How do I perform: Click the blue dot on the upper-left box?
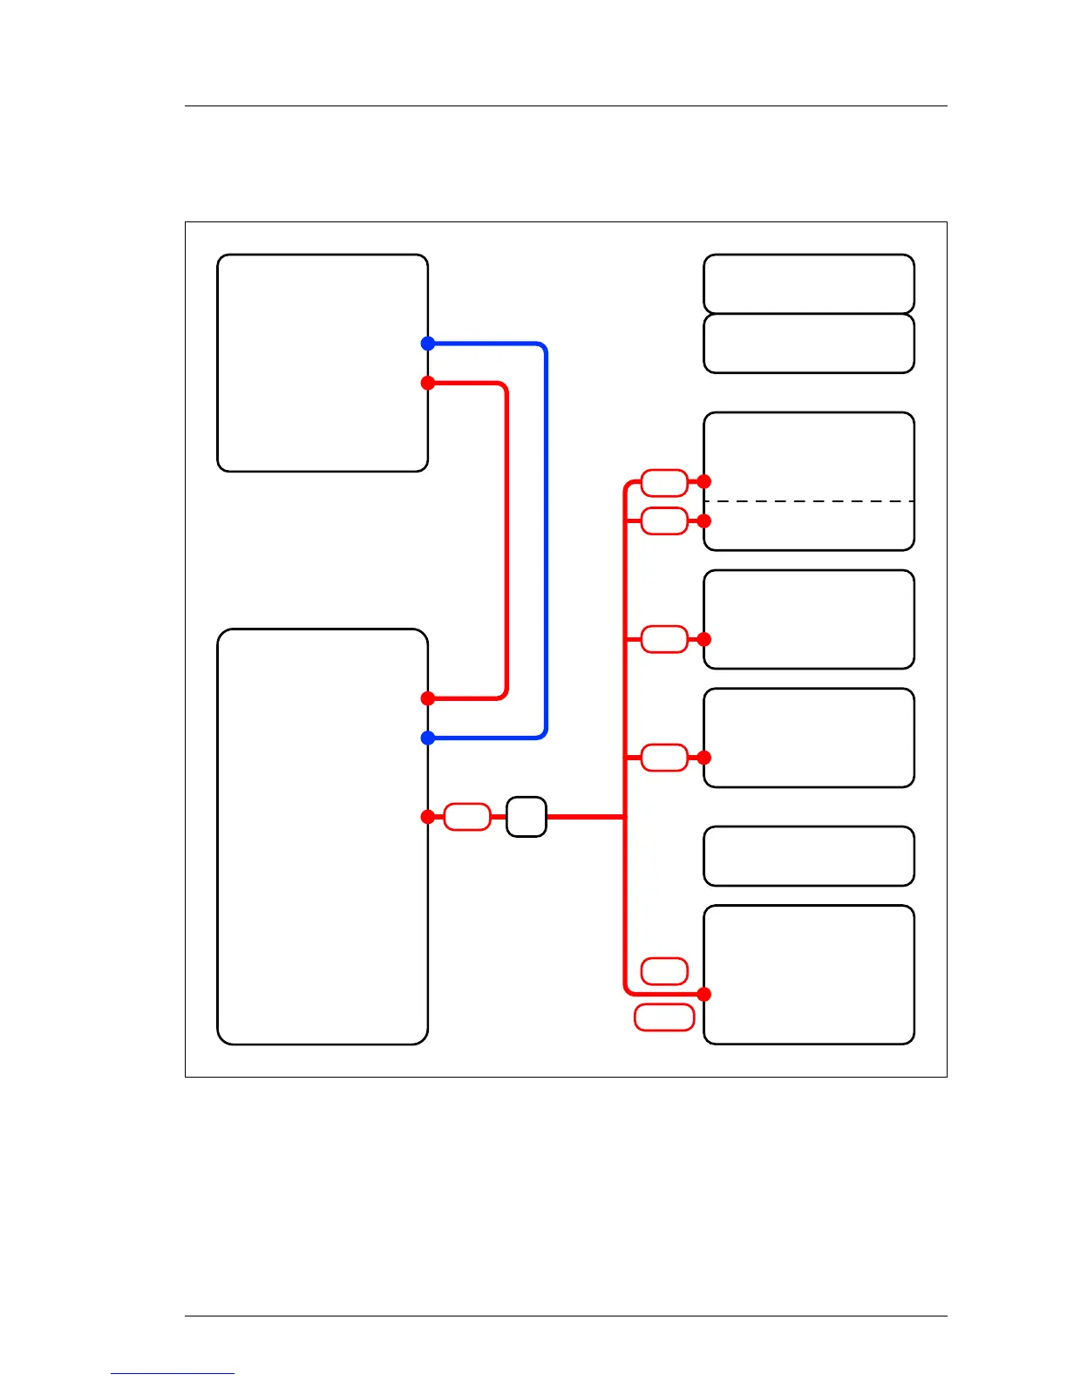(428, 344)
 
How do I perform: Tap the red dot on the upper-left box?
(428, 383)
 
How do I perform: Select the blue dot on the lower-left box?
(428, 738)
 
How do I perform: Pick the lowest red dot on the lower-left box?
(428, 817)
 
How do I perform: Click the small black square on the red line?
(527, 817)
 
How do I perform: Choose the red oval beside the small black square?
(467, 817)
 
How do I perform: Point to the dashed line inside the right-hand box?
(809, 501)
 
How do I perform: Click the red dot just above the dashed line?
(704, 481)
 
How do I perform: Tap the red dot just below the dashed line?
(704, 520)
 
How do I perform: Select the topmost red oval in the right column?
(664, 481)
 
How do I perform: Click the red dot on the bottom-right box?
(704, 994)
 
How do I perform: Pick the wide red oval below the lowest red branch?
(664, 1017)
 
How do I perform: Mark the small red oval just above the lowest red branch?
(664, 970)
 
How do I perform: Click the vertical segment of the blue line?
(546, 541)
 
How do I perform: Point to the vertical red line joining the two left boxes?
(506, 541)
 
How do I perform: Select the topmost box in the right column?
(809, 283)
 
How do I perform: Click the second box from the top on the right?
(809, 344)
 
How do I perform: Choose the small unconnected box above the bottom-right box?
(809, 856)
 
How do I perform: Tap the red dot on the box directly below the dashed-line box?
(704, 639)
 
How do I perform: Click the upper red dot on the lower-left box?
(428, 698)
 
